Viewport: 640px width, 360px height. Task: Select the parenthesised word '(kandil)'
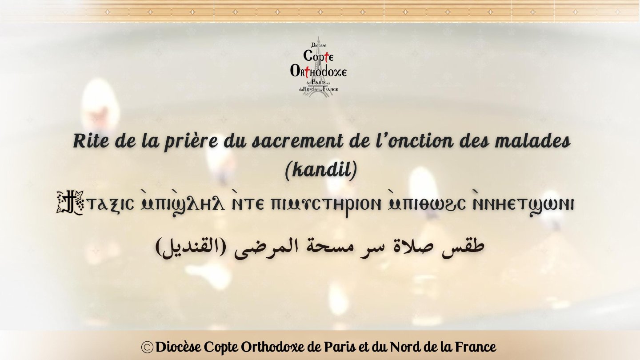point(320,171)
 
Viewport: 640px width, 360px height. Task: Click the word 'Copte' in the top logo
point(318,56)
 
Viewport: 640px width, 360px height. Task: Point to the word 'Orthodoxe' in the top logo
point(318,71)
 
